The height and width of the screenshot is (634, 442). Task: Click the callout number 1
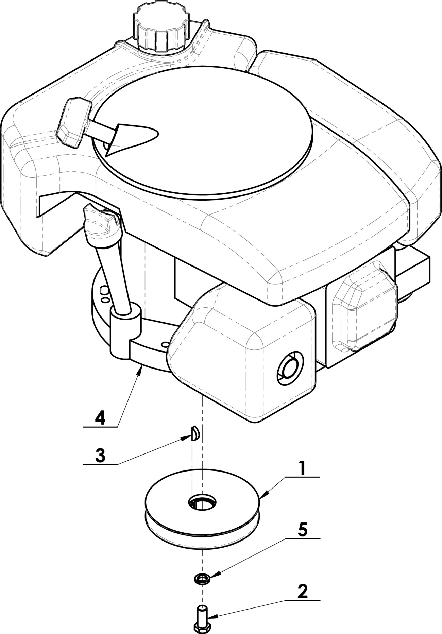point(302,468)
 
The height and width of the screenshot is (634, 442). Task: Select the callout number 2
point(302,592)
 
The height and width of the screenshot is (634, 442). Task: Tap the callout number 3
point(100,456)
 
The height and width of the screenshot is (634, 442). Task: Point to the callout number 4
point(100,418)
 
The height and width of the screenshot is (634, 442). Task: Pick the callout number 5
point(302,530)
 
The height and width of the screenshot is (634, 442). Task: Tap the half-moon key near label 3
point(195,433)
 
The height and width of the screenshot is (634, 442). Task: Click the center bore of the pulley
point(203,501)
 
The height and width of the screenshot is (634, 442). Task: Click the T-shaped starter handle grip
point(74,123)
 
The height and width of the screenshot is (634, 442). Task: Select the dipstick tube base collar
point(125,331)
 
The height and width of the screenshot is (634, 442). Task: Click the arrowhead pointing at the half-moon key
point(186,439)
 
